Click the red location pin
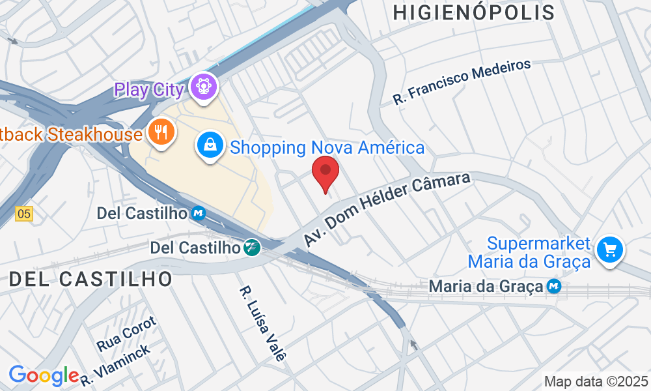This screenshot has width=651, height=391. [325, 173]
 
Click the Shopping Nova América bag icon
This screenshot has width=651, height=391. [211, 146]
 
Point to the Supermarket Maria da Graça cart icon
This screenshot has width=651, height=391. [610, 249]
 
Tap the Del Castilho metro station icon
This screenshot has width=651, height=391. [199, 213]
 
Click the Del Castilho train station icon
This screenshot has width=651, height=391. [252, 248]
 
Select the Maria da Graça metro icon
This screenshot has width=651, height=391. [554, 286]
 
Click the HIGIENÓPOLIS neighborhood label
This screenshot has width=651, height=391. [474, 12]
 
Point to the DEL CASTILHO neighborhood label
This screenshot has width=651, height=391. [91, 280]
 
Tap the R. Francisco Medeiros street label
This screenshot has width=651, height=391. [462, 81]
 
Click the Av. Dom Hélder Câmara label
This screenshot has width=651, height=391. [387, 209]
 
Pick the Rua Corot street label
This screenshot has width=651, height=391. [126, 333]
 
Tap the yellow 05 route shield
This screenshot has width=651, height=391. [24, 213]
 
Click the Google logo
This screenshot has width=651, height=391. [44, 375]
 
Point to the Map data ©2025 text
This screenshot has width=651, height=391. [596, 381]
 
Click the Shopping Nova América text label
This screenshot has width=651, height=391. [327, 147]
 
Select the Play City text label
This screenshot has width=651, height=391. [149, 89]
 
